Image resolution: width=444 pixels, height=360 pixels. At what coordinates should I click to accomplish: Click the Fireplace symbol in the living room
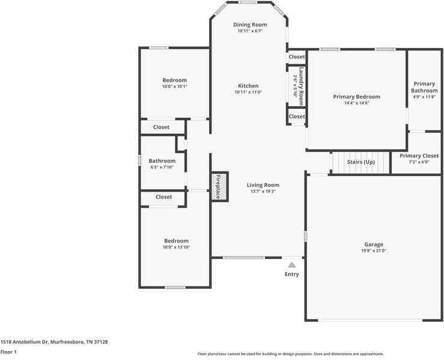click(219, 186)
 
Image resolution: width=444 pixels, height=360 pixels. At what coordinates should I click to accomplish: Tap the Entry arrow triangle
click(291, 264)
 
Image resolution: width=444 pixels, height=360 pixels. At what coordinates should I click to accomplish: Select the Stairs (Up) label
click(360, 162)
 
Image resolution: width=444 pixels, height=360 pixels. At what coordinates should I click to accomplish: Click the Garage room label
click(373, 245)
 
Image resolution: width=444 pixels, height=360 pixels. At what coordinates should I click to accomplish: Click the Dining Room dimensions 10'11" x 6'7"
click(249, 31)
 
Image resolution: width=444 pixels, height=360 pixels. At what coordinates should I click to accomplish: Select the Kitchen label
click(248, 86)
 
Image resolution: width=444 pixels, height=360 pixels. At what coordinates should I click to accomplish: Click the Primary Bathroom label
click(424, 87)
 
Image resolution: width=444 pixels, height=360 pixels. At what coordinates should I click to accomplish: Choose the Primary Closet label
click(419, 156)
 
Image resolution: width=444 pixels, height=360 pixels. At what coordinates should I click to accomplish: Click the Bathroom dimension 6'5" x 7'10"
click(162, 167)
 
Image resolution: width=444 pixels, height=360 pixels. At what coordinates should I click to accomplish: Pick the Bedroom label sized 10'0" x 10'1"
click(174, 80)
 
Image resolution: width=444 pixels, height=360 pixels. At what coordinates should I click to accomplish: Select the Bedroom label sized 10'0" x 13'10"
click(176, 241)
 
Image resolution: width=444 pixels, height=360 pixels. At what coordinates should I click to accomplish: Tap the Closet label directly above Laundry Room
click(297, 57)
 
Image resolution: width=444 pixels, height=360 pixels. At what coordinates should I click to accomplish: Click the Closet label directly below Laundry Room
click(297, 117)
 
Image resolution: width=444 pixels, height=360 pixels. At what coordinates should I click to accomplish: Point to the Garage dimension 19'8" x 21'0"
click(373, 251)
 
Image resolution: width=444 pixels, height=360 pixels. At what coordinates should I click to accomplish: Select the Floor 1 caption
click(8, 352)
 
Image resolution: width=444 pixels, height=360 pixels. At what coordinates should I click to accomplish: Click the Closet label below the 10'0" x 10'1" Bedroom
click(161, 127)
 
